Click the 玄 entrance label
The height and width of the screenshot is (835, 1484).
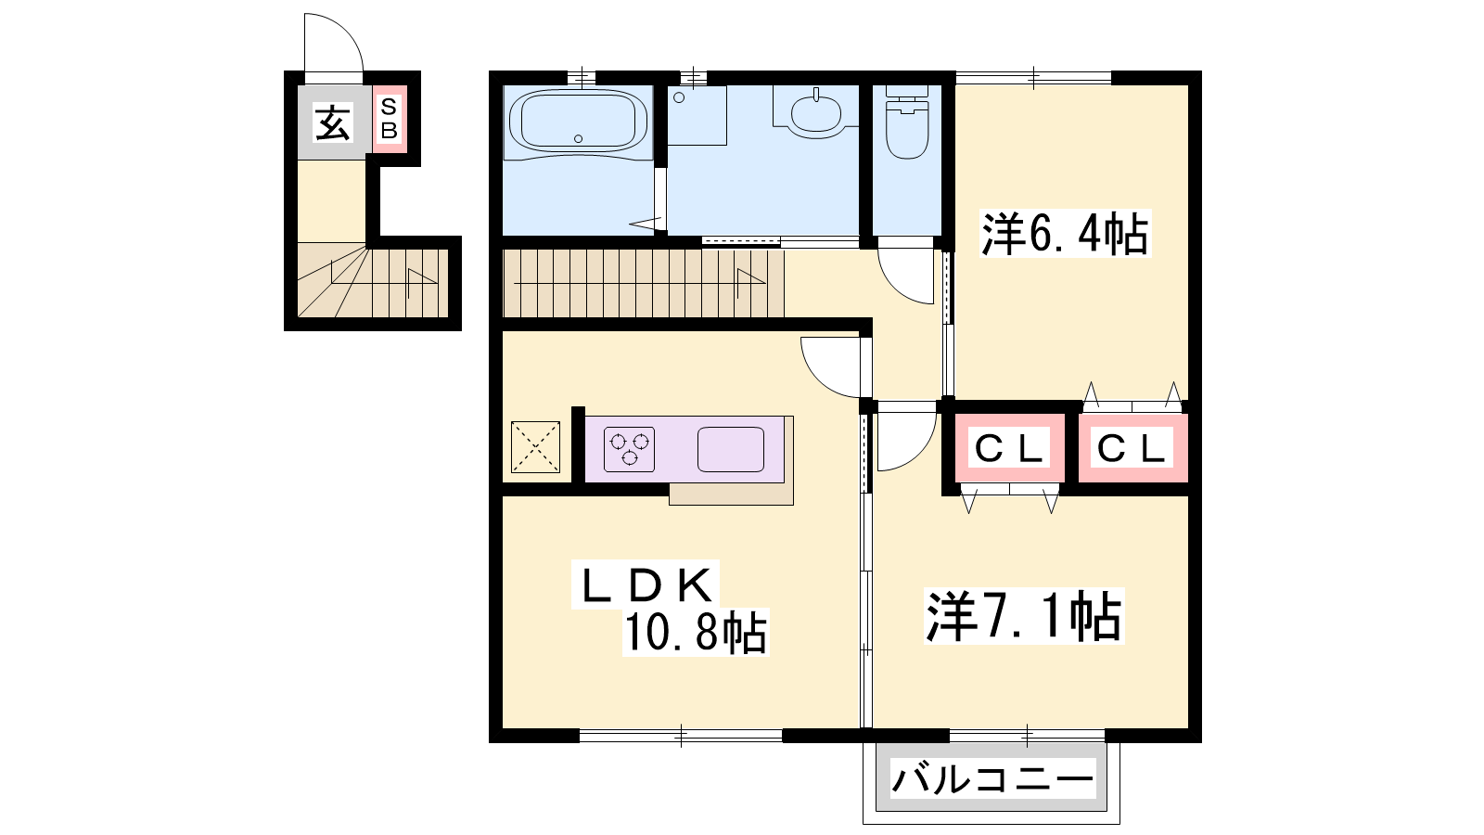click(x=332, y=123)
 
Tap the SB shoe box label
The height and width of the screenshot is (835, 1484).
click(x=389, y=119)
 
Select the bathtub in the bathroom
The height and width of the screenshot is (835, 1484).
click(x=579, y=122)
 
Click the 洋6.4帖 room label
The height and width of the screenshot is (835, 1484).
click(x=1065, y=233)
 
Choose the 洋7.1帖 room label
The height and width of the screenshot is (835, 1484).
click(x=1024, y=616)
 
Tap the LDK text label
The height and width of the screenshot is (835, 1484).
click(x=646, y=585)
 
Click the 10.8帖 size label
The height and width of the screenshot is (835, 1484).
click(x=696, y=632)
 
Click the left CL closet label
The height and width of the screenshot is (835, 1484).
click(x=1010, y=449)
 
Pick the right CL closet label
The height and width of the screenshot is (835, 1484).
click(x=1131, y=449)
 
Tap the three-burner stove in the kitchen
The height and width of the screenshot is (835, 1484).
click(x=630, y=449)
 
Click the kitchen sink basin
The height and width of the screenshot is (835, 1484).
click(x=731, y=449)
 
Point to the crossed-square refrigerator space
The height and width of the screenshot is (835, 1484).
click(x=535, y=447)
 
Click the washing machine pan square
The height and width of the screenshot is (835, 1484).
click(x=697, y=115)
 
